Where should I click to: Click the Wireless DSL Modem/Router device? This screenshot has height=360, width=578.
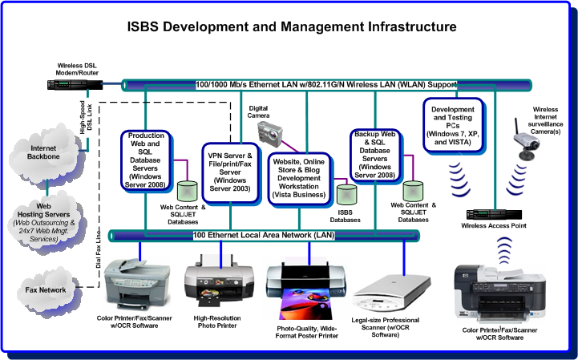(x=75, y=85)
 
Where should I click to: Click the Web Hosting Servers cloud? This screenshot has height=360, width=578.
(x=46, y=221)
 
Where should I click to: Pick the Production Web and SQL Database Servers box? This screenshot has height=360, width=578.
(x=146, y=160)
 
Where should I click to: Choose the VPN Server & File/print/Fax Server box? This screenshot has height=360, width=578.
(x=230, y=172)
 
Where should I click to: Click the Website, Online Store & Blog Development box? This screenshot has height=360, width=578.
(x=299, y=179)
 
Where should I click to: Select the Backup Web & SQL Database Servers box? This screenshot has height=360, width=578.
(x=375, y=155)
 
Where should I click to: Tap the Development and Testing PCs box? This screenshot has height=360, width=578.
(x=453, y=125)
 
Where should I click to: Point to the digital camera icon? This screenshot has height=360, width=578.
(x=270, y=134)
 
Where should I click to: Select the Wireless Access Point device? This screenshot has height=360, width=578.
(x=494, y=214)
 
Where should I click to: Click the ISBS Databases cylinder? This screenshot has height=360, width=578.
(x=347, y=195)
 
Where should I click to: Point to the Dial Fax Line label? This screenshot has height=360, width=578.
(x=99, y=249)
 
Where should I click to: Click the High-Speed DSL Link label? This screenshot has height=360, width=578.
(x=86, y=117)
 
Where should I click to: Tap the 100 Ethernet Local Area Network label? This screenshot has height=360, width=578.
(x=264, y=235)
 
